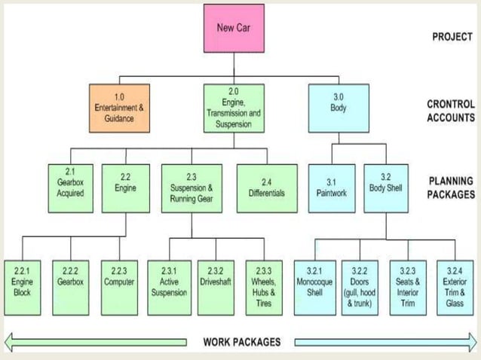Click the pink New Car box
(x=234, y=29)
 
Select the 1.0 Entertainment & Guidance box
(x=118, y=108)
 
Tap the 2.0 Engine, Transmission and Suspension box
(x=233, y=108)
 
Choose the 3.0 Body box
(x=338, y=108)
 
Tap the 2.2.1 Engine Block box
(x=22, y=287)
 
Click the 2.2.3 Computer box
(x=119, y=287)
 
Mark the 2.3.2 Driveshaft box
(x=216, y=287)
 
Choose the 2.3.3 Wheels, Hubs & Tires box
(x=264, y=287)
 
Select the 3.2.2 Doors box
(x=361, y=287)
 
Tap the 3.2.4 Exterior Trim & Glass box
(x=455, y=287)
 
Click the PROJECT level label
(x=452, y=36)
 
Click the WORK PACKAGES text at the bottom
(x=241, y=342)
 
